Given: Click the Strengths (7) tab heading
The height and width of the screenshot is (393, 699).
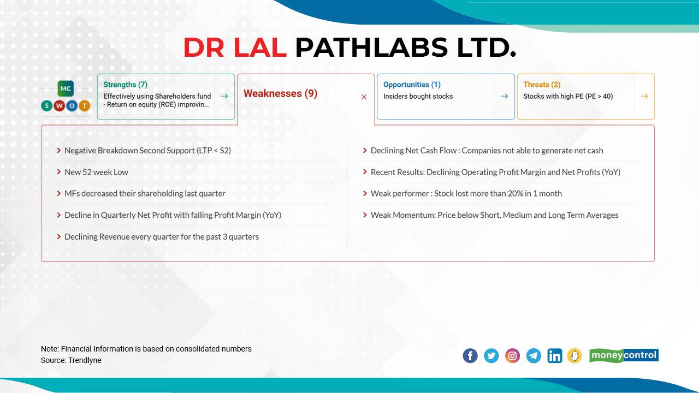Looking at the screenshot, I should tap(125, 85).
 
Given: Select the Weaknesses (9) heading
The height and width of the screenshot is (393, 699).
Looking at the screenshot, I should tap(280, 93).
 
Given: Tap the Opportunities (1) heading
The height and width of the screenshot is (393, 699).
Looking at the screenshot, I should tap(412, 85).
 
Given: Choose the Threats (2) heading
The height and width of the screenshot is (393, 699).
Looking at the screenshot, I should tap(542, 85).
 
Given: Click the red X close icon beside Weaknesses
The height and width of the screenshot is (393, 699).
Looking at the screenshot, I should tap(364, 97).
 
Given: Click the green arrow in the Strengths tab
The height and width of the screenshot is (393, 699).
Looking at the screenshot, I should tap(224, 96).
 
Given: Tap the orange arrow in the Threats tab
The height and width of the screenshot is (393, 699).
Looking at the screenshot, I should tap(644, 96).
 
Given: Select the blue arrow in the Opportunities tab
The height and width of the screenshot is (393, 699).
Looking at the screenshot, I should tap(504, 96).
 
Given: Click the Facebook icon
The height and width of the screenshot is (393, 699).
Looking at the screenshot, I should tap(470, 356).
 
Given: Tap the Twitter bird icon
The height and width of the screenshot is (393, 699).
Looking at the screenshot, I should tap(491, 356).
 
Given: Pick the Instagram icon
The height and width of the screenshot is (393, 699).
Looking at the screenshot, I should tap(512, 356).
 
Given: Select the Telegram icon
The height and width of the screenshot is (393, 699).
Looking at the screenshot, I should tap(534, 356).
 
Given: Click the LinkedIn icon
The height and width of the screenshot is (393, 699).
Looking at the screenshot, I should tap(554, 356).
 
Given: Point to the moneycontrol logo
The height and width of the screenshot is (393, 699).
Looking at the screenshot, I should tap(624, 355).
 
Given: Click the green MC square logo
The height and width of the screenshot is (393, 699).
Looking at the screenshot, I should tap(66, 88).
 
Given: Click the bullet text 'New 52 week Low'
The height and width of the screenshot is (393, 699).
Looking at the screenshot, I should tap(96, 172).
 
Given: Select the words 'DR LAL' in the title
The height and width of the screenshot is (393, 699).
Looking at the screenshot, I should tap(234, 47).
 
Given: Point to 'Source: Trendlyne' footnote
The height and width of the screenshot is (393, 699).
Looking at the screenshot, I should tap(71, 360).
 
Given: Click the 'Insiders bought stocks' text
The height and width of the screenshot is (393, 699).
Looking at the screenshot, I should tap(418, 97).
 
